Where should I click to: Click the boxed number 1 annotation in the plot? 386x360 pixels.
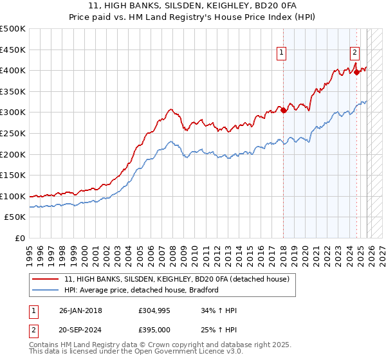tap(282, 53)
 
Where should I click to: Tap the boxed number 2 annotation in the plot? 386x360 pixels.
tap(354, 53)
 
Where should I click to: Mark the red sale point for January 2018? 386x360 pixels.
tap(284, 111)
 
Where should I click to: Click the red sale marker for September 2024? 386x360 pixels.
tap(356, 73)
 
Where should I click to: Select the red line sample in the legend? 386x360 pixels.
tap(46, 279)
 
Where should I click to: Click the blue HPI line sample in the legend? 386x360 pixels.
tap(46, 290)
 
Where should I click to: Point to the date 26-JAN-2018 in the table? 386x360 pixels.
tap(80, 310)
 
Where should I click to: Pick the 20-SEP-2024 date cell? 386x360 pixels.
tap(80, 330)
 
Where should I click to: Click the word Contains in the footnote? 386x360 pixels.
tap(45, 345)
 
